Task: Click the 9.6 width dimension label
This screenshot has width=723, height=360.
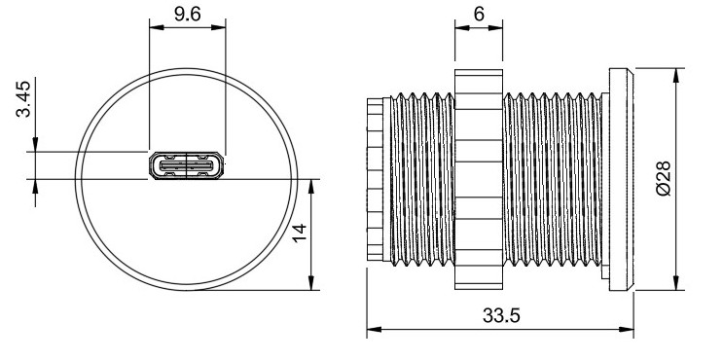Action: coord(187,14)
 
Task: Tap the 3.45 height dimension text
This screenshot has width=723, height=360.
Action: coord(23,99)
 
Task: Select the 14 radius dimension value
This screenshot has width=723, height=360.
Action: coord(300,233)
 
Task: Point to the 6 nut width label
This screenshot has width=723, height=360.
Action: coord(479,14)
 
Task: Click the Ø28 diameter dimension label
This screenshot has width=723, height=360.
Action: coord(664,179)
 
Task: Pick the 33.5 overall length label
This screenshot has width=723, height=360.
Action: coord(501,316)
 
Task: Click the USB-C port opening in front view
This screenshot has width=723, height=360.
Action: coord(186,165)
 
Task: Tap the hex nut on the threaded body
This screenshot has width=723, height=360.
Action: coord(479,179)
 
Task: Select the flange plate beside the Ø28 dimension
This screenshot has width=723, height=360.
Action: coord(621,179)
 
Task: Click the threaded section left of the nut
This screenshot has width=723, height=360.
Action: coord(422,179)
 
